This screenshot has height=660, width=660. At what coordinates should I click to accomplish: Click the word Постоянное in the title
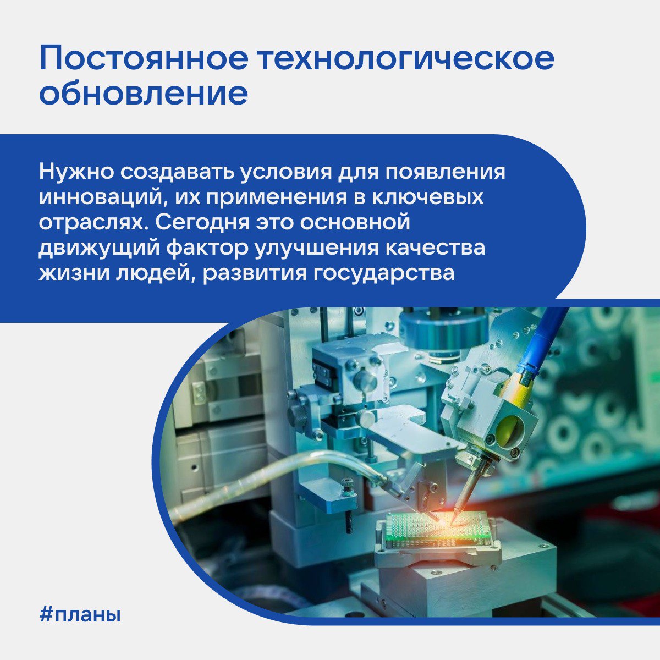144,57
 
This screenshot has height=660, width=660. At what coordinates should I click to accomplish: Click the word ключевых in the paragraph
427,197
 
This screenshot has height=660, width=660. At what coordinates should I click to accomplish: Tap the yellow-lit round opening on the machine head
509,428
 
